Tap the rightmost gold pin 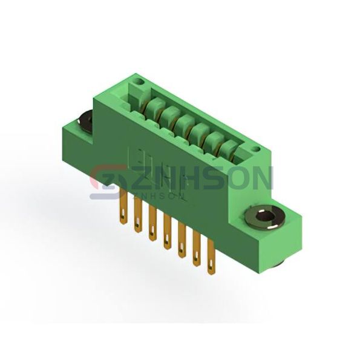[211, 257]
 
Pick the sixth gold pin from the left [197, 249]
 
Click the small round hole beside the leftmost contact [139, 82]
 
